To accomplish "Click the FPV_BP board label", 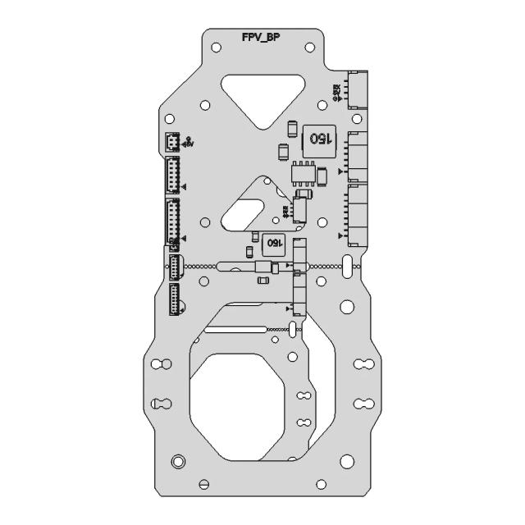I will click(x=262, y=38).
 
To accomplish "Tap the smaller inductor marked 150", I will click(x=272, y=242).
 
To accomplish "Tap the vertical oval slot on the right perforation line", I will click(x=349, y=266).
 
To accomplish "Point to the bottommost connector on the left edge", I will click(x=176, y=300).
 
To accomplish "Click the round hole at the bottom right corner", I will click(x=346, y=462).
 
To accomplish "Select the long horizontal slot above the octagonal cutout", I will click(x=235, y=329).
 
